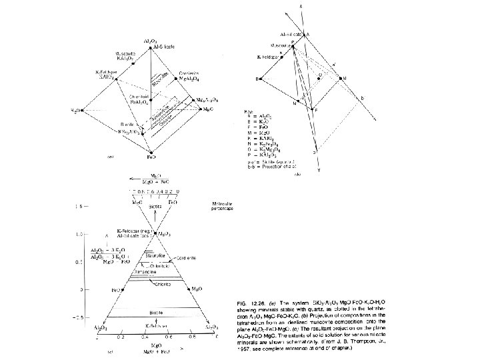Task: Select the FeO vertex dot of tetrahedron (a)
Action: [153, 151]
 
